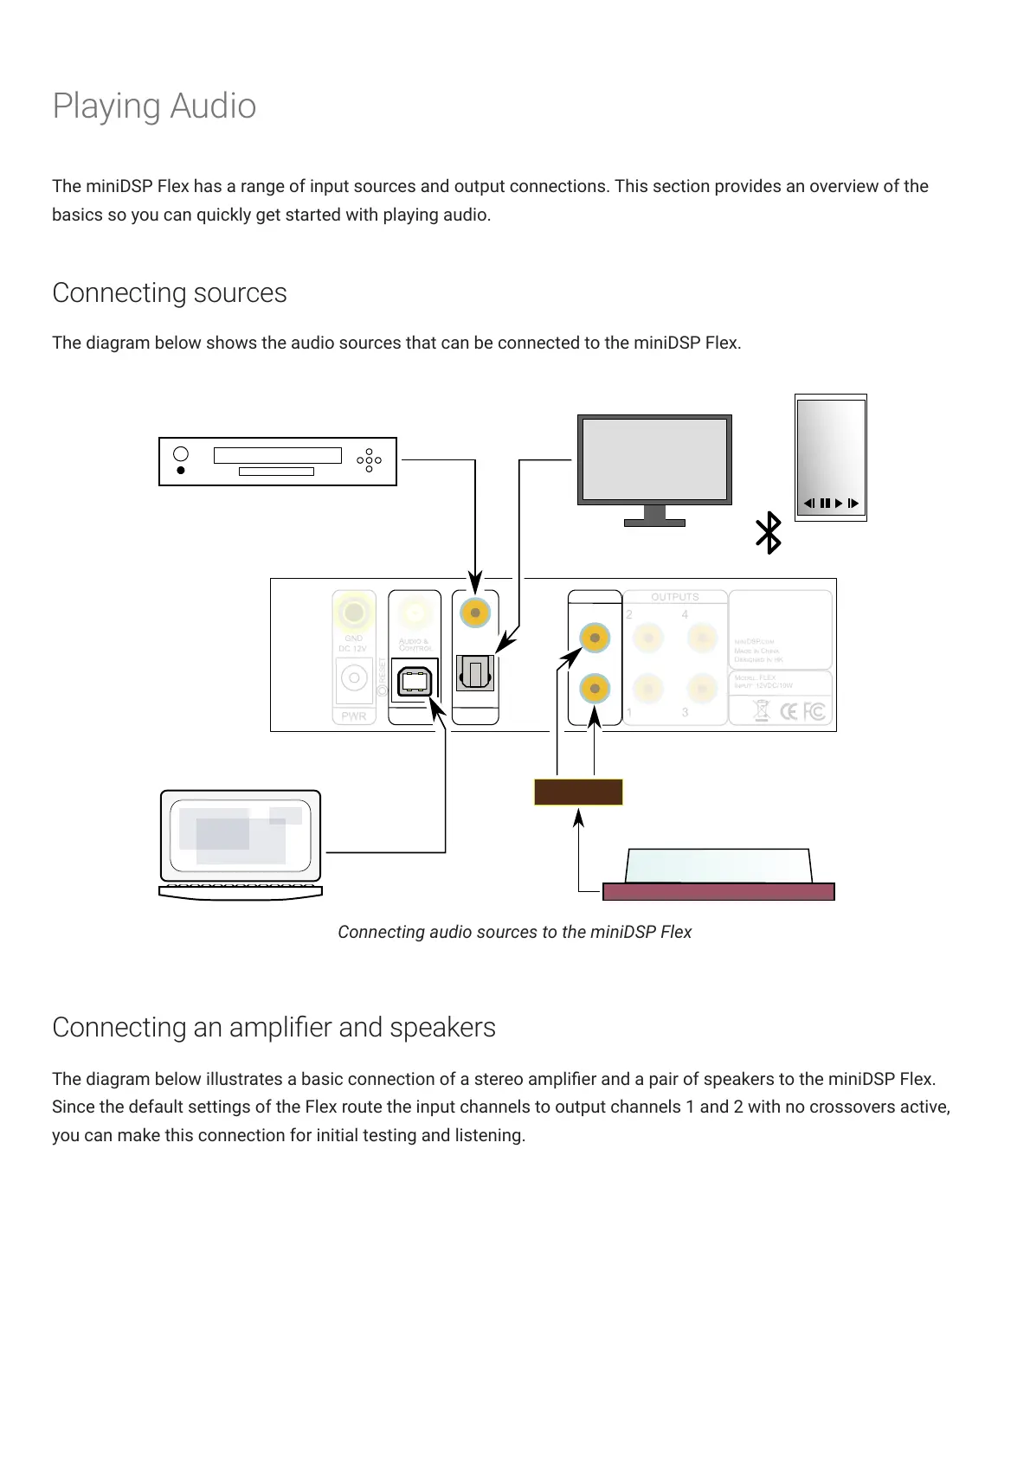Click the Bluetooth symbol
click(x=769, y=533)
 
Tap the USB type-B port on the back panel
click(x=415, y=681)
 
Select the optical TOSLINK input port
click(x=474, y=672)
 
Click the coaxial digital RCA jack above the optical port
click(x=475, y=613)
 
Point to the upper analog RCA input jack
click(x=595, y=639)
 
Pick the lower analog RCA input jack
click(x=595, y=689)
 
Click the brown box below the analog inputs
click(x=578, y=792)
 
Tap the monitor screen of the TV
click(x=654, y=459)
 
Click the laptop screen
click(x=240, y=836)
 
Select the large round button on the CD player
click(x=181, y=454)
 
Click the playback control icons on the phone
click(x=831, y=503)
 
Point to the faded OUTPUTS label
click(x=674, y=597)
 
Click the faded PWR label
click(x=354, y=716)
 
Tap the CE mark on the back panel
click(x=789, y=712)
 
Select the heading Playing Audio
click(x=154, y=106)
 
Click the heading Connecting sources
click(x=170, y=293)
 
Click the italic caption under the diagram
click(x=514, y=932)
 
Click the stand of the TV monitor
click(x=654, y=517)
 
